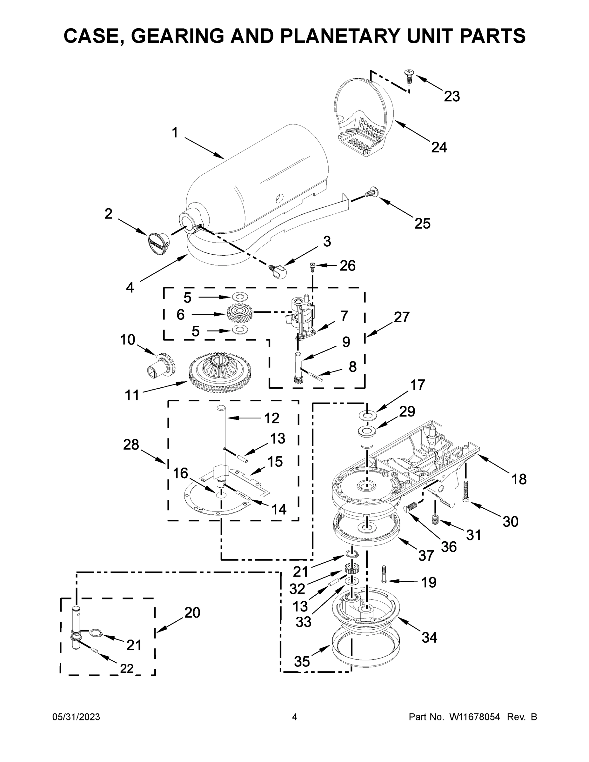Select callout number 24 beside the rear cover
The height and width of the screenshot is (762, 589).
pos(439,147)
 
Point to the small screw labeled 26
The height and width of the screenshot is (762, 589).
pos(312,267)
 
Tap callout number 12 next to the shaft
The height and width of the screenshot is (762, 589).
pos(272,418)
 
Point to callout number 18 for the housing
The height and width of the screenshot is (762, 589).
pos(519,479)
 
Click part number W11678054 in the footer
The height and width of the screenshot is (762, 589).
pos(475,717)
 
